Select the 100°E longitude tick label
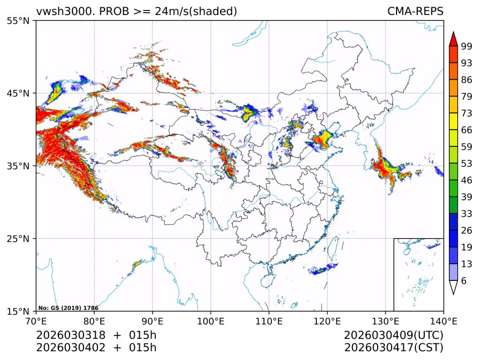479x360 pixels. [x=211, y=320]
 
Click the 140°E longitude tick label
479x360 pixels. [x=443, y=320]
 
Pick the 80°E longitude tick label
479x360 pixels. [x=94, y=320]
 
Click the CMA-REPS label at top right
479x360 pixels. [x=415, y=11]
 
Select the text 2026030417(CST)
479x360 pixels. [x=393, y=348]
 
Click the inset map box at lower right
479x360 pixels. [x=418, y=274]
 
